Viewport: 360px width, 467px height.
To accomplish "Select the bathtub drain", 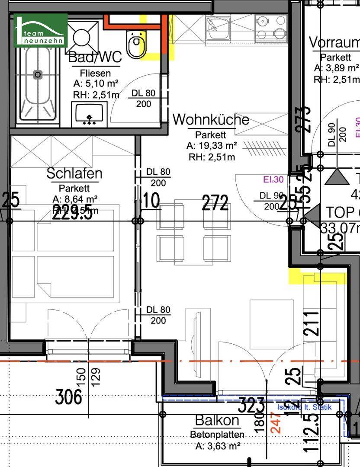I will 38,75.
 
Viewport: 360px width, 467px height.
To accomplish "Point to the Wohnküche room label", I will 211,119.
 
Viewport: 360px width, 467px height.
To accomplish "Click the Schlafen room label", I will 74,173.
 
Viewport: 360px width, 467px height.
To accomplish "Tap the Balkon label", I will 217,420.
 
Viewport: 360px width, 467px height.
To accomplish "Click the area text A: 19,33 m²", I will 212,146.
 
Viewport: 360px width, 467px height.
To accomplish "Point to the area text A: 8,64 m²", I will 74,199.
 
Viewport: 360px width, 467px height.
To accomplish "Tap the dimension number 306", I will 69,397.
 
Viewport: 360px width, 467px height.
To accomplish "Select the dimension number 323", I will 252,405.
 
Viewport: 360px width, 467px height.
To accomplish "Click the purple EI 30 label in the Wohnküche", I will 273,179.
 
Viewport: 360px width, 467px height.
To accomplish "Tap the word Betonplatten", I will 217,435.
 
